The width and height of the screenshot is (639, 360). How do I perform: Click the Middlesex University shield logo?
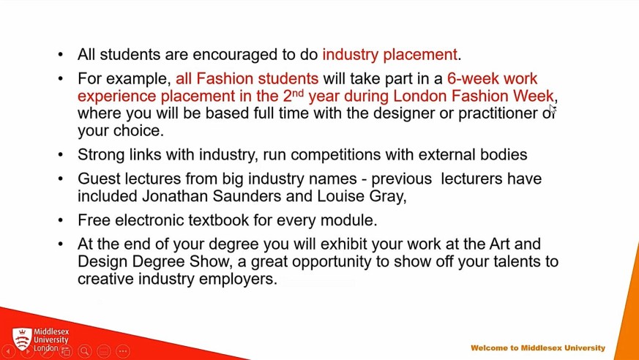(22, 339)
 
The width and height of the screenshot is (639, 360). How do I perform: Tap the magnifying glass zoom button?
(85, 350)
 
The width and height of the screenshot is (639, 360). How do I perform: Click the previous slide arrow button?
(8, 350)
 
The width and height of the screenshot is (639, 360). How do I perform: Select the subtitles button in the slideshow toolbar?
(104, 350)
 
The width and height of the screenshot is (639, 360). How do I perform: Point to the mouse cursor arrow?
(553, 110)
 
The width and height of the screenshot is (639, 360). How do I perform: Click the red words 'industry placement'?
(390, 55)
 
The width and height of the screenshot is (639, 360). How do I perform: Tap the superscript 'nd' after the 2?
(299, 92)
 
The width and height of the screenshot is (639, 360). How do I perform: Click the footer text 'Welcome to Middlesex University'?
(538, 348)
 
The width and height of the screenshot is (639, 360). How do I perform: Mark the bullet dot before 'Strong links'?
(61, 154)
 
